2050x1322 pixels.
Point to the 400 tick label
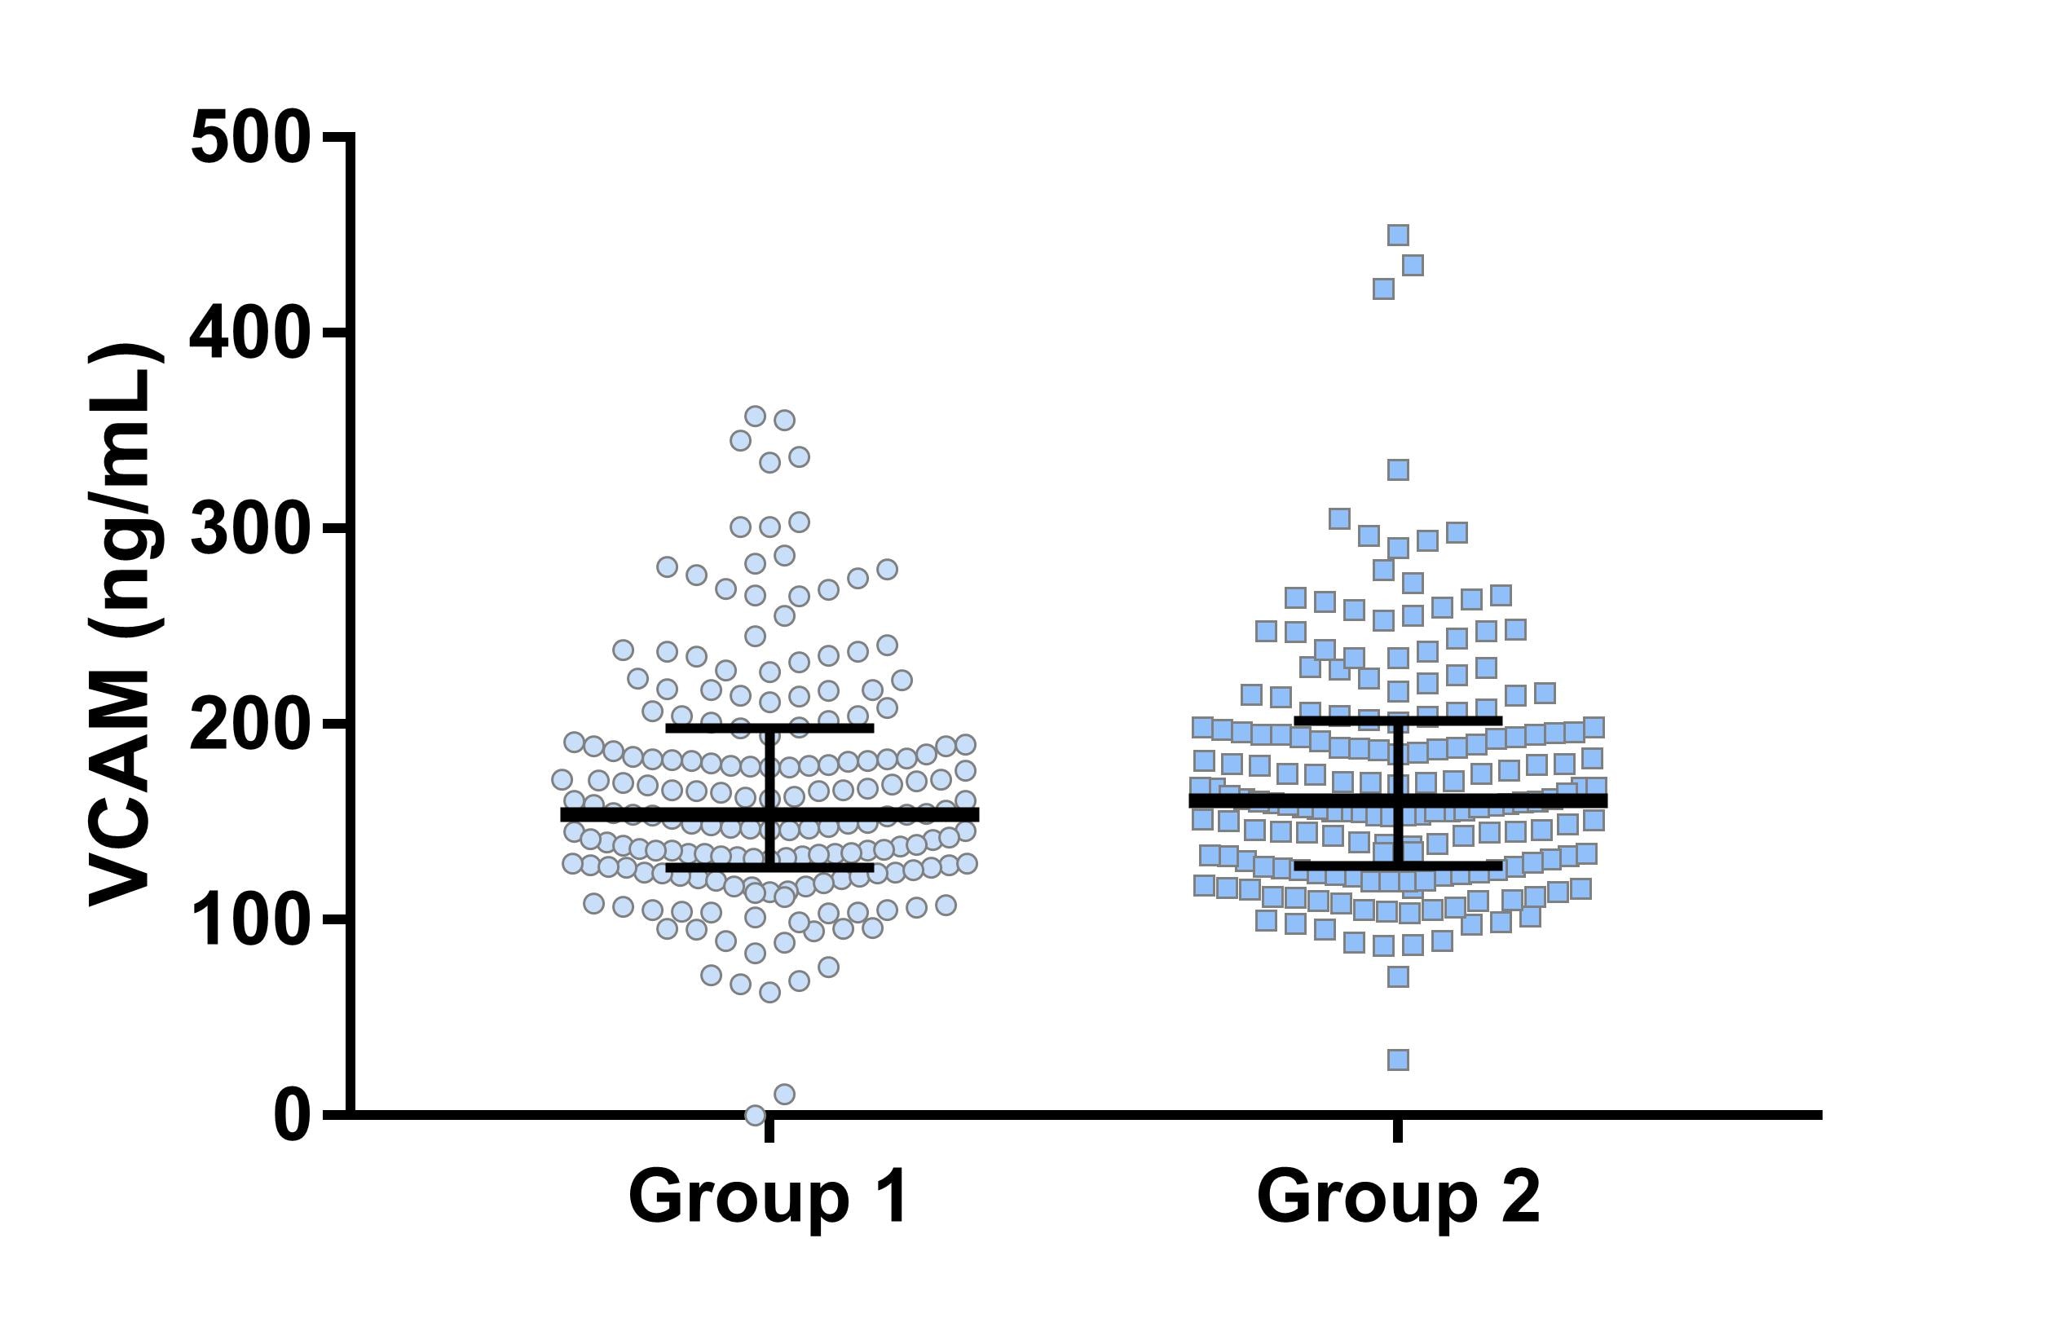(249, 334)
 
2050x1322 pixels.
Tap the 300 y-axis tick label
(249, 529)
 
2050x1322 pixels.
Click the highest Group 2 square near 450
(1399, 236)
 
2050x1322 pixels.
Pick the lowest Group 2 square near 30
(1399, 1060)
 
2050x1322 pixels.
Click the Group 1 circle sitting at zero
(755, 1115)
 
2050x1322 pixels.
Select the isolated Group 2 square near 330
(1399, 469)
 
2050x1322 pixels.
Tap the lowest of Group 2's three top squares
(1383, 289)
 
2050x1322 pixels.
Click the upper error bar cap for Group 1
(769, 728)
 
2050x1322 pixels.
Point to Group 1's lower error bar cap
(769, 868)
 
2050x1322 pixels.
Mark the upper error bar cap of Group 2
(1399, 720)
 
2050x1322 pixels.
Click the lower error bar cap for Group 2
(1399, 866)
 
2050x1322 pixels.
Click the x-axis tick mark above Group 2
(1399, 1130)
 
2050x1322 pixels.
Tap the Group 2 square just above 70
(1399, 977)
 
